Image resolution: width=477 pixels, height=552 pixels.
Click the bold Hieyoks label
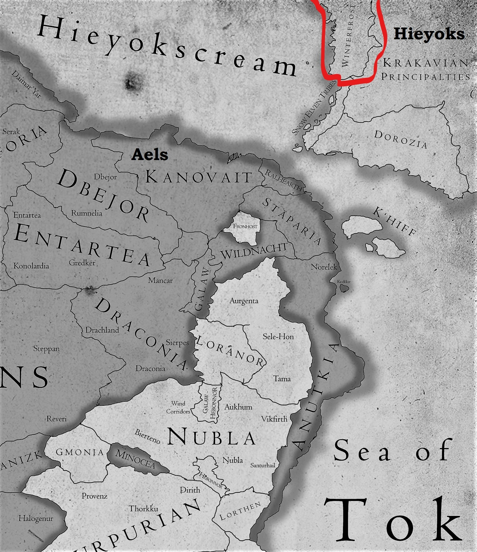(x=429, y=34)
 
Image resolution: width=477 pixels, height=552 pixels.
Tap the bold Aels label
(x=150, y=154)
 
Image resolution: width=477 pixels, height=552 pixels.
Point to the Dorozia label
(x=400, y=139)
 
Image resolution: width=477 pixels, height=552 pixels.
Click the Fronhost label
(x=245, y=226)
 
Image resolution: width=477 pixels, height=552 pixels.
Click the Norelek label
(x=324, y=267)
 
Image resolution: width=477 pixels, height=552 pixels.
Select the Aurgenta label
(x=244, y=301)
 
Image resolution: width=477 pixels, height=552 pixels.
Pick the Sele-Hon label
(x=278, y=336)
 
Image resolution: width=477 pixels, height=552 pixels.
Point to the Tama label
(x=282, y=379)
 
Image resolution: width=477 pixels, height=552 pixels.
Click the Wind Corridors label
(x=178, y=407)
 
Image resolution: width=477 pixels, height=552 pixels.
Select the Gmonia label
(x=79, y=452)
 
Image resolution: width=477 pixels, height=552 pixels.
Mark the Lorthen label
(x=240, y=511)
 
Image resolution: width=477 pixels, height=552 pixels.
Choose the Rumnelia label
(x=86, y=213)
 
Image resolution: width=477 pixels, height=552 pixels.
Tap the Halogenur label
(x=36, y=518)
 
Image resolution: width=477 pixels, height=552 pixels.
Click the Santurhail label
(x=262, y=465)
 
